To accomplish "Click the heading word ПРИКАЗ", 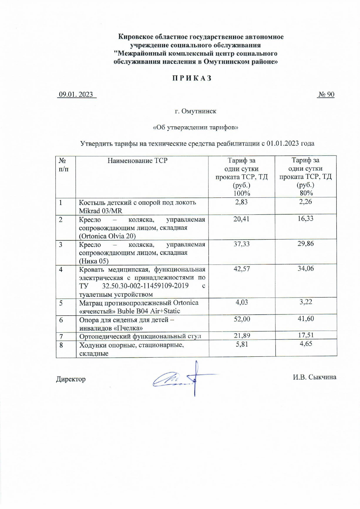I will (x=192, y=78).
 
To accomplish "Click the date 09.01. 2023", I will (x=76, y=95).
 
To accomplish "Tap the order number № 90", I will (x=326, y=95).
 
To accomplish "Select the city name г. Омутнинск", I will (x=196, y=111).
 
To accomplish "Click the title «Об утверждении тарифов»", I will (x=195, y=127).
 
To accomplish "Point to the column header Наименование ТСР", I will (x=137, y=161).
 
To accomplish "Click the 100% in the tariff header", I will (x=241, y=193).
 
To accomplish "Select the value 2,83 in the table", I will (x=241, y=202).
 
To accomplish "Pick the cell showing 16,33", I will (x=306, y=219).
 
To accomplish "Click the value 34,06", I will (x=306, y=269).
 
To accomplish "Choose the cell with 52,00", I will (x=242, y=319).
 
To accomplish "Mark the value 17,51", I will (x=306, y=336).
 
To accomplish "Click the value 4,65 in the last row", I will (x=306, y=344).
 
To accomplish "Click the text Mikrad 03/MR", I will (x=101, y=211).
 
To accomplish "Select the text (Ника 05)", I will (x=94, y=261).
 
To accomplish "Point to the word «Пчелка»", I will (x=128, y=328).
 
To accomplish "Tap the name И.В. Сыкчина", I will (x=314, y=377).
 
